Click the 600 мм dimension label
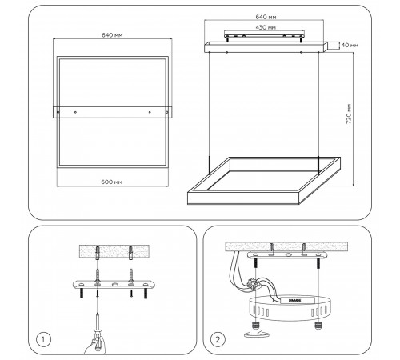[x=111, y=182]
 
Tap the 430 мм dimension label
[x=266, y=27]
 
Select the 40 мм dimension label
[x=350, y=46]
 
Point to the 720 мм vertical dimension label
[x=349, y=114]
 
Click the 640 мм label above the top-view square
[x=112, y=35]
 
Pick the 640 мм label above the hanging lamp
[x=266, y=17]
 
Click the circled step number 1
[x=42, y=339]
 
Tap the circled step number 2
[x=218, y=339]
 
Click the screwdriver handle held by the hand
[x=98, y=339]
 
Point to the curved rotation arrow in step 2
[x=256, y=334]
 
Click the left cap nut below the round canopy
[x=255, y=326]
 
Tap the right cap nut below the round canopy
[x=318, y=326]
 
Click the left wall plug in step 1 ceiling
[x=98, y=253]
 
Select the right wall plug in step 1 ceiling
[x=130, y=253]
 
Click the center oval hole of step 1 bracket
[x=114, y=285]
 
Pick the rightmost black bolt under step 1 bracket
[x=146, y=293]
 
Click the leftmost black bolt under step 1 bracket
[x=82, y=293]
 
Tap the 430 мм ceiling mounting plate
[x=264, y=35]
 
